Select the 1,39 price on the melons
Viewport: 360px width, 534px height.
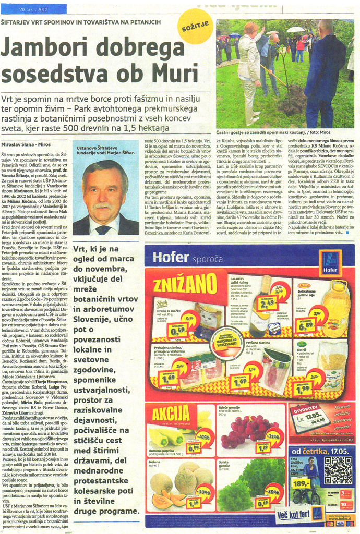(195, 503)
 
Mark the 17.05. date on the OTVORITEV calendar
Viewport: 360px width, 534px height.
(309, 418)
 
